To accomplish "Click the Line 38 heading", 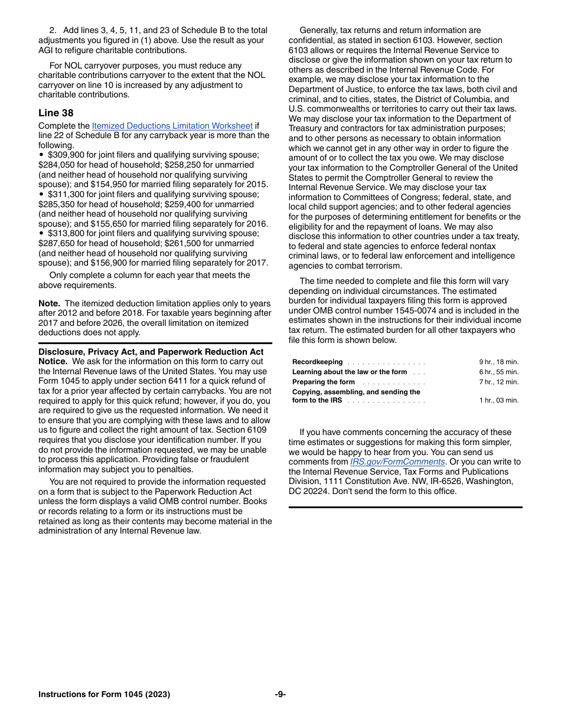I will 56,113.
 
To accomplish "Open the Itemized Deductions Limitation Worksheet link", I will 172,126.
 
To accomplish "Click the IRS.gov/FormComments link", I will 397,462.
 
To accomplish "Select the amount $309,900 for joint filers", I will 66,155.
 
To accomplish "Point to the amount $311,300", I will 66,194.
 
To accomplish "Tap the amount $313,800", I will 66,233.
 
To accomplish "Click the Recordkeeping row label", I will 317,362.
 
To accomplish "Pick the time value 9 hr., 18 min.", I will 498,362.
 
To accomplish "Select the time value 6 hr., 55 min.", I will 498,372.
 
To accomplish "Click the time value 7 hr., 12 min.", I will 498,382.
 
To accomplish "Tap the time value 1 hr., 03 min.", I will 498,400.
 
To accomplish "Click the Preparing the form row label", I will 323,382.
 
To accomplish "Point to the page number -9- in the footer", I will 280,694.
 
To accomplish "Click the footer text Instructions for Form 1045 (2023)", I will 104,694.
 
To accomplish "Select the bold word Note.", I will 49,303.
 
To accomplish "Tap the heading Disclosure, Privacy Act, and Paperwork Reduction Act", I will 151,352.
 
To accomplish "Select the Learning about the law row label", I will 349,372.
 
